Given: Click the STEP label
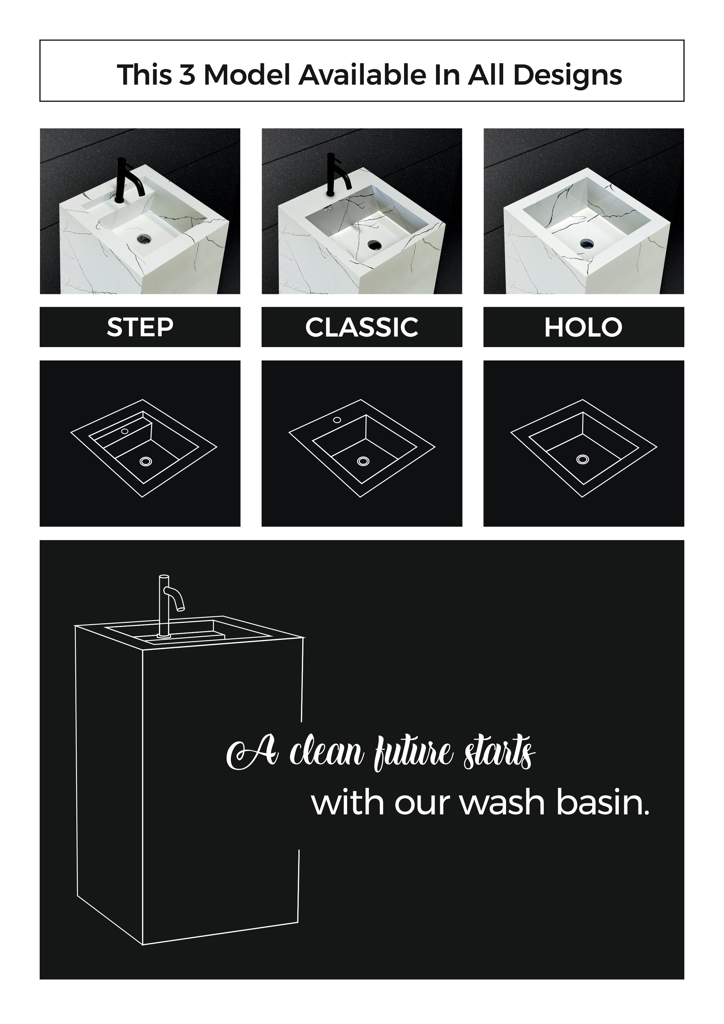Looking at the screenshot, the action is pos(140,327).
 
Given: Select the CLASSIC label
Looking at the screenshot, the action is pos(361,327).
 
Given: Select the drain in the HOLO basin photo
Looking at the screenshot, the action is pos(587,243).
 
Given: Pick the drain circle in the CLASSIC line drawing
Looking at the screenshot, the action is pos(363,460).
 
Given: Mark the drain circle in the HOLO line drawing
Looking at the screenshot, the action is pos(582,459).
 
